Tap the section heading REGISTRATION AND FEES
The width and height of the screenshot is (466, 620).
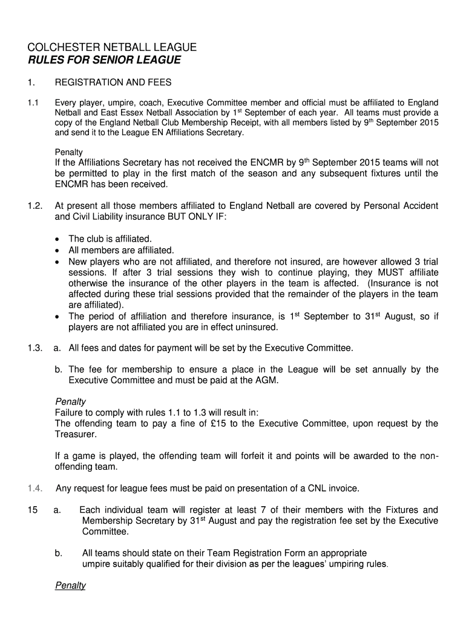113,82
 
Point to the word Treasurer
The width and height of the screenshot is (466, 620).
75,434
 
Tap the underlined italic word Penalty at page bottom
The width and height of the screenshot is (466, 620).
70,585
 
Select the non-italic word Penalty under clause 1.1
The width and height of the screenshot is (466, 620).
68,152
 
